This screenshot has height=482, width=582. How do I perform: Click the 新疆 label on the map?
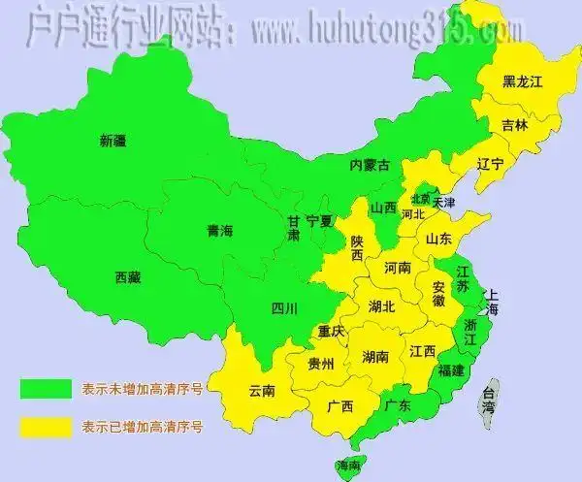tap(113, 142)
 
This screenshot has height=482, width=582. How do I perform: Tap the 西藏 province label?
tap(127, 277)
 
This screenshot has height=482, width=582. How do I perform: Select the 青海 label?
tap(220, 231)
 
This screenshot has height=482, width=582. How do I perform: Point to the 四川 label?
tap(284, 309)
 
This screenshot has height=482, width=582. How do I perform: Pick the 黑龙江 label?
tap(522, 82)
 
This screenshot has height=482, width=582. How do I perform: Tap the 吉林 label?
tap(515, 125)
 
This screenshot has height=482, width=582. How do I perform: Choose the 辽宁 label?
tap(491, 165)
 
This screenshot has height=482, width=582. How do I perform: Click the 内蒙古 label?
tap(370, 166)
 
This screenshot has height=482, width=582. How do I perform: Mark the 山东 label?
tap(438, 239)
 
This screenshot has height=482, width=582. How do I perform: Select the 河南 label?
tap(399, 267)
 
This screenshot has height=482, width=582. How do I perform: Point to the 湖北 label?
tap(382, 306)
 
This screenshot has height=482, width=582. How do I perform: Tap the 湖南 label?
tap(376, 357)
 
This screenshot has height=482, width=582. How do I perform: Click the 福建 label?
tap(451, 370)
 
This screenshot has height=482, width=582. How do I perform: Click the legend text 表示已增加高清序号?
tap(143, 426)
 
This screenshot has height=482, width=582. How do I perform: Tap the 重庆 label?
tap(332, 332)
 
